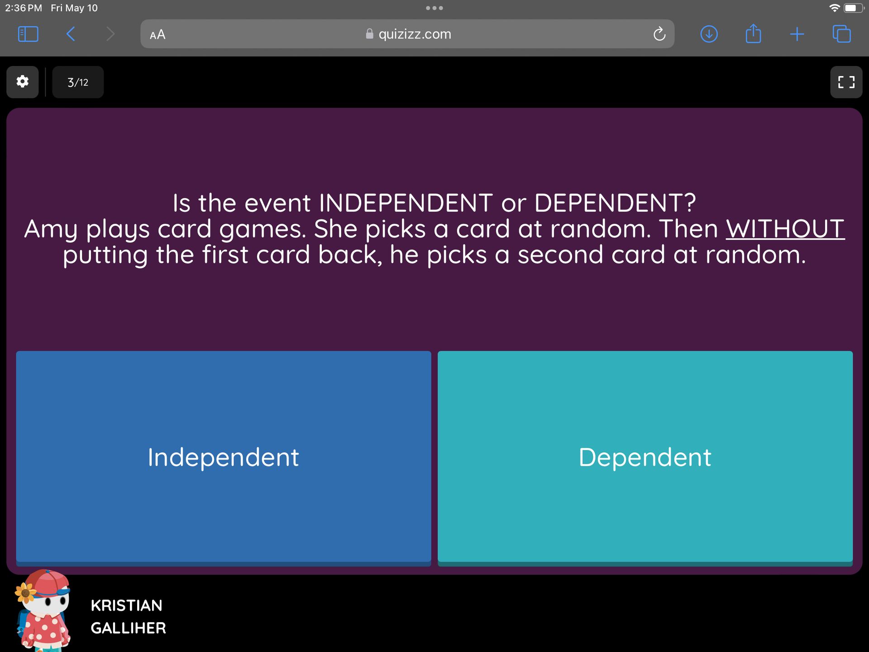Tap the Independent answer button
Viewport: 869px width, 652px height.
click(224, 457)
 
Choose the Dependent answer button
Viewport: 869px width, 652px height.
click(645, 457)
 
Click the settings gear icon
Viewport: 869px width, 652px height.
click(22, 81)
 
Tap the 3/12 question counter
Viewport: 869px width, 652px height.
click(78, 82)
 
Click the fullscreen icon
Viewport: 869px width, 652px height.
click(846, 82)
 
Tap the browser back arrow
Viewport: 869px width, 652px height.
click(71, 34)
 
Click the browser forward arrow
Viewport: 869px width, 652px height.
click(110, 34)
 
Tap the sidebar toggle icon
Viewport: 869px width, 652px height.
click(28, 34)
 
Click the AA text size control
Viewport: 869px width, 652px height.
click(158, 34)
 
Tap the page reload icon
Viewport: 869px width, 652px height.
click(659, 34)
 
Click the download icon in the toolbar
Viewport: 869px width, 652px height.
click(709, 34)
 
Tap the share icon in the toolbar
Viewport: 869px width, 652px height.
click(753, 33)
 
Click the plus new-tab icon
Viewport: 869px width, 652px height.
click(797, 34)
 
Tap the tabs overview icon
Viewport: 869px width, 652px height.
click(841, 34)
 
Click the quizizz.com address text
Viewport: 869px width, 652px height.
click(415, 34)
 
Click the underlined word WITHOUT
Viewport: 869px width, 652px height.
click(785, 229)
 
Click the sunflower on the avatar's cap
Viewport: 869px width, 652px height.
click(25, 592)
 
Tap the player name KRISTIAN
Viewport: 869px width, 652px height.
click(126, 605)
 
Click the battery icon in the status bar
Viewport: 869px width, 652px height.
click(854, 8)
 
